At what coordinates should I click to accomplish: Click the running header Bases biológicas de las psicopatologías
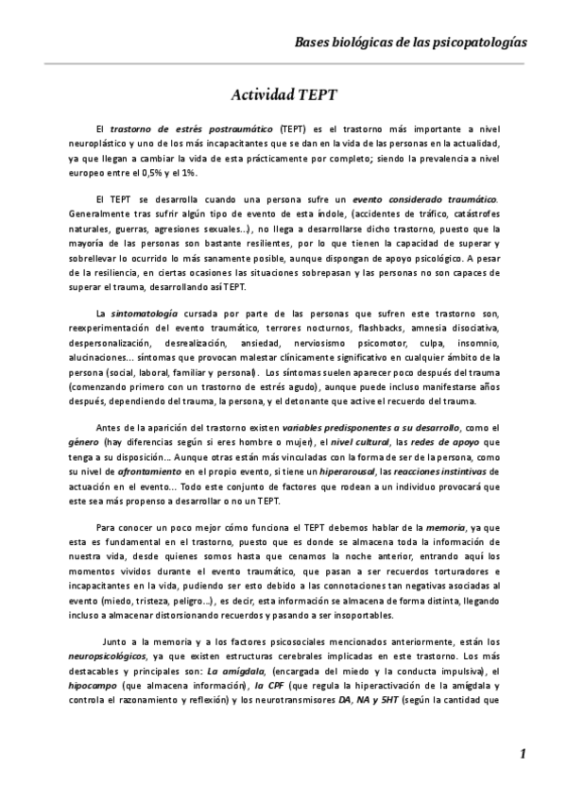coord(411,43)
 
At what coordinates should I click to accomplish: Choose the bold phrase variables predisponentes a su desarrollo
coord(365,430)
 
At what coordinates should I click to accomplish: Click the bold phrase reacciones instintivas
coord(442,475)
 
